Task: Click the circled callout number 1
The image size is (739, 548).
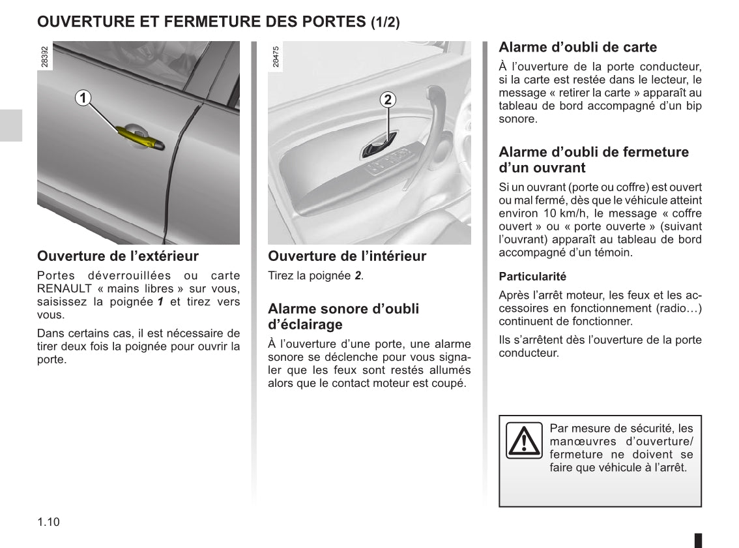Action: tap(83, 98)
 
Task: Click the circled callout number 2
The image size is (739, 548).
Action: tap(388, 99)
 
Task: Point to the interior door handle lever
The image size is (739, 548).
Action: tap(377, 147)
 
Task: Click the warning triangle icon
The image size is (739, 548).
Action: tap(524, 440)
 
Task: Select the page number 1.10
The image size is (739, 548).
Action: tap(49, 522)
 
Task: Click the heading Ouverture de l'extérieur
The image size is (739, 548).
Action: tap(118, 256)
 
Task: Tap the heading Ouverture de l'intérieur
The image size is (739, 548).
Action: tap(347, 256)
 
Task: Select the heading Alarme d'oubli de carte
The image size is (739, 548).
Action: tap(577, 47)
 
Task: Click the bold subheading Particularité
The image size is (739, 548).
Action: tap(532, 276)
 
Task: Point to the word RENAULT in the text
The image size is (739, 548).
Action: tap(65, 288)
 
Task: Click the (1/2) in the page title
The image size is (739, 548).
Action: tap(385, 22)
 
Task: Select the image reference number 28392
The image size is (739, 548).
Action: tap(44, 56)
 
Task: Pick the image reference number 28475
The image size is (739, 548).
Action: tap(275, 56)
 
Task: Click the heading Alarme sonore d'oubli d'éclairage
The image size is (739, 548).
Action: tap(343, 316)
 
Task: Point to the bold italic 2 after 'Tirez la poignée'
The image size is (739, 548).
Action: tap(358, 276)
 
